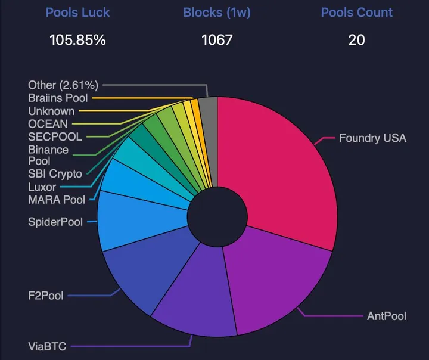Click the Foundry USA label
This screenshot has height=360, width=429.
click(372, 138)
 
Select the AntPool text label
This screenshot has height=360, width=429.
click(386, 316)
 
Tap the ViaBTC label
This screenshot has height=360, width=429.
click(47, 346)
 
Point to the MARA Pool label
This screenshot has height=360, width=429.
click(57, 200)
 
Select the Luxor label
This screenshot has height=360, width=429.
click(42, 187)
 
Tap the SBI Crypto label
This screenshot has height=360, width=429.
click(55, 174)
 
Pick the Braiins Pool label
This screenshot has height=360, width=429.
click(58, 98)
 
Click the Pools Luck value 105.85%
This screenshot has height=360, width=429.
click(77, 41)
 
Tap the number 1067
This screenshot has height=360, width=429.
click(216, 41)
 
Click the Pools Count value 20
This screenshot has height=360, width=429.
click(356, 41)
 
